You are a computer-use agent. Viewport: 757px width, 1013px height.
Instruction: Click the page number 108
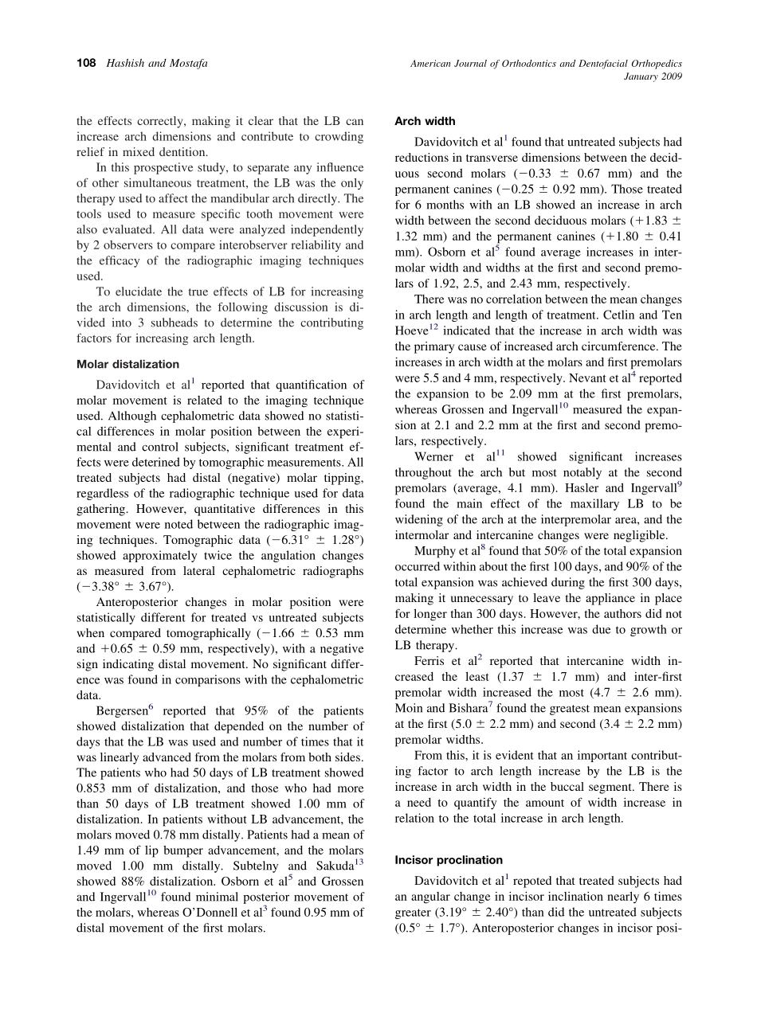point(86,64)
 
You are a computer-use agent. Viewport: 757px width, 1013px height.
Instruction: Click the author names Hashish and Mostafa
point(157,64)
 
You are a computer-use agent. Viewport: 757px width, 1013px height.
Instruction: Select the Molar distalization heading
point(127,364)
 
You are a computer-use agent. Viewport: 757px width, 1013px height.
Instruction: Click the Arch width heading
point(425,121)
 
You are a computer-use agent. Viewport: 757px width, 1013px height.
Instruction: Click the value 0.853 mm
point(106,788)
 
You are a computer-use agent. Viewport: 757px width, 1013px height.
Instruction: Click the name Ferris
point(433,661)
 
